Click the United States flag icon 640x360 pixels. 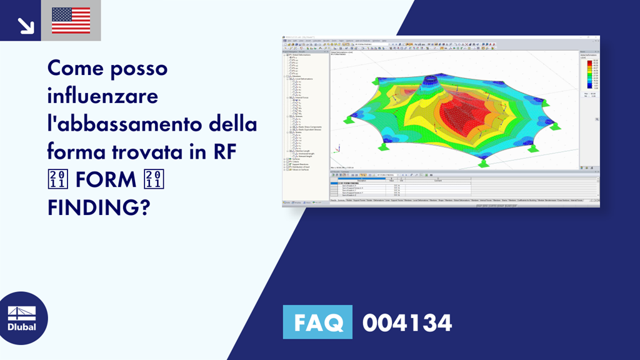(71, 20)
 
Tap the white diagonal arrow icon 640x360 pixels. (26, 25)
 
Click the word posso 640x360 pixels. (141, 68)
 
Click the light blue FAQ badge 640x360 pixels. (317, 322)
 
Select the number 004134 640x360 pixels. (407, 322)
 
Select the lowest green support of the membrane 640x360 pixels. (482, 164)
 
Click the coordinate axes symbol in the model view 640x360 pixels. (337, 149)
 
